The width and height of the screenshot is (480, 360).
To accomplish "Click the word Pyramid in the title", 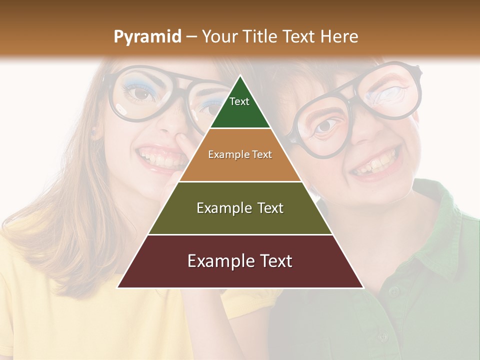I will (147, 37).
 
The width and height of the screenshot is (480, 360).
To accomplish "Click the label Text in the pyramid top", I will (239, 101).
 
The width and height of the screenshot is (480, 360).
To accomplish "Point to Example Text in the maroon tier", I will (240, 261).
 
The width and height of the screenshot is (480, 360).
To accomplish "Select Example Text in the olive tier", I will (240, 208).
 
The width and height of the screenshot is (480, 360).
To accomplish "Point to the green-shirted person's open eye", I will (325, 126).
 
